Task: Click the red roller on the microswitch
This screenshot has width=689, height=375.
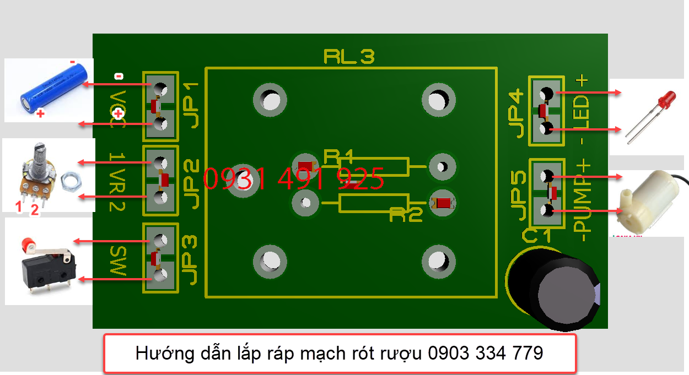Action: pyautogui.click(x=26, y=243)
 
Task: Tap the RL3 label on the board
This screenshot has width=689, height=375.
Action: pyautogui.click(x=349, y=56)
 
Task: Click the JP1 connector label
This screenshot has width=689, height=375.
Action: pyautogui.click(x=191, y=105)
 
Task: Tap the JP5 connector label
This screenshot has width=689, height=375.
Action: pyautogui.click(x=518, y=195)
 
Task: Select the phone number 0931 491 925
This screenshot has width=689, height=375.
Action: pyautogui.click(x=293, y=178)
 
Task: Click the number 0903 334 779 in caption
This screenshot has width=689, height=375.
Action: pyautogui.click(x=485, y=353)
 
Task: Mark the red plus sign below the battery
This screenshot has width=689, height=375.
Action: pyautogui.click(x=40, y=115)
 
